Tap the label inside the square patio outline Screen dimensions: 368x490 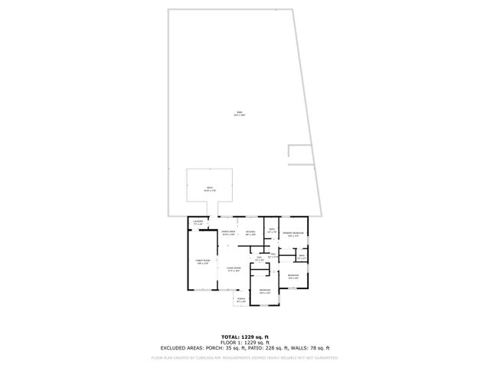tap(209, 189)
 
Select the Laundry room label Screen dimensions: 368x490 tap(198, 222)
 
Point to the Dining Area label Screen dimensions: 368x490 tap(228, 232)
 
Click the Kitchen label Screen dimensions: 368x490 tap(250, 232)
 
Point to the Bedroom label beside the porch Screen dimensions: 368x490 tap(264, 291)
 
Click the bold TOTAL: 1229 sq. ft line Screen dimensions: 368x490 tap(245, 337)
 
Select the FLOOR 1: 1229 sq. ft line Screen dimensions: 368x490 tap(245, 342)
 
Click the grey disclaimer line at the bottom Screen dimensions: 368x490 tap(245, 357)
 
